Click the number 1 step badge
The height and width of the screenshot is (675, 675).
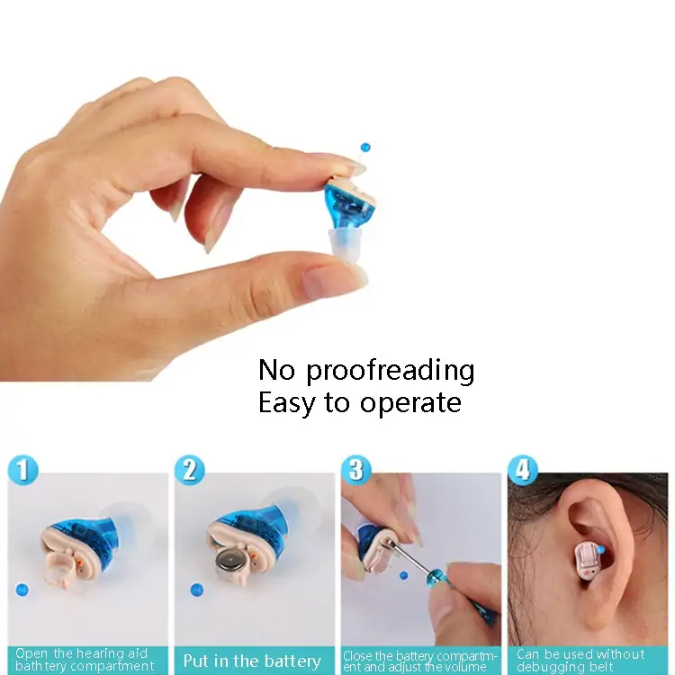tap(22, 470)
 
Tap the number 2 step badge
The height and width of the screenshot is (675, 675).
tap(189, 470)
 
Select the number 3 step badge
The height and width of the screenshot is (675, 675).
tap(356, 470)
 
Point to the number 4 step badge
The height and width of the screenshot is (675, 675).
tap(523, 470)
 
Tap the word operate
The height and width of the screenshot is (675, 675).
tap(410, 403)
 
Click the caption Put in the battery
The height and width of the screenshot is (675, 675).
tap(251, 661)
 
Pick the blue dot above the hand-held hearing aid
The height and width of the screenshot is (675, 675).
tap(364, 147)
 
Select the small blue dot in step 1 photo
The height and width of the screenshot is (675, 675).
tap(22, 589)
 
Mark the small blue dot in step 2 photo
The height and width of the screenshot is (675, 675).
tap(197, 590)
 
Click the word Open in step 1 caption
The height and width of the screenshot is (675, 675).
tap(32, 654)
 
